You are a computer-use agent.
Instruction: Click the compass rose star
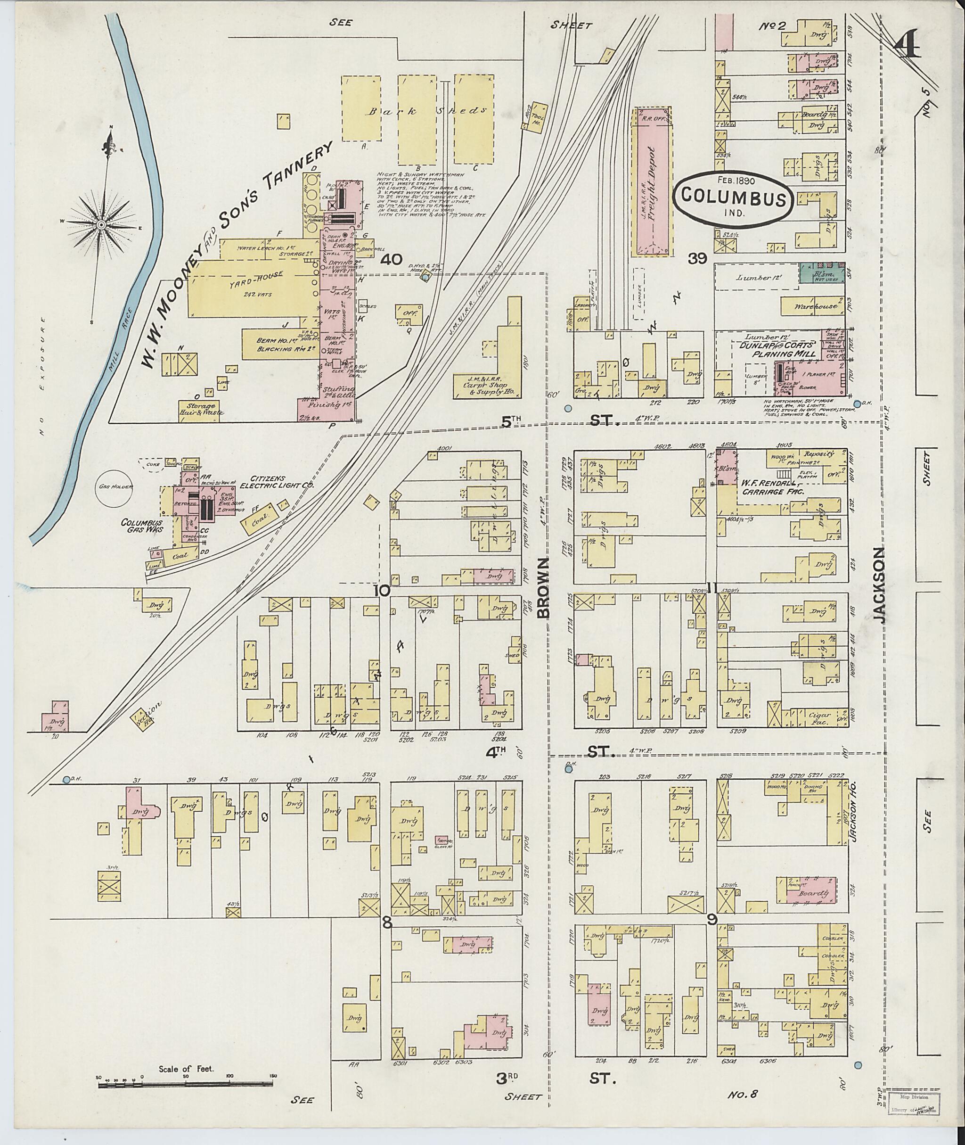pyautogui.click(x=102, y=224)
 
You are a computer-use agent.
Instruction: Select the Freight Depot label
pyautogui.click(x=652, y=181)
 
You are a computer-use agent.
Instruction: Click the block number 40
pyautogui.click(x=392, y=259)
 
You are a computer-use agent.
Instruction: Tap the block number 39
pyautogui.click(x=697, y=259)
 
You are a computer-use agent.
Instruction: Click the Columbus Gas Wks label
pyautogui.click(x=142, y=526)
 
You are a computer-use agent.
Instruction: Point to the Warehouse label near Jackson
pyautogui.click(x=816, y=307)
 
